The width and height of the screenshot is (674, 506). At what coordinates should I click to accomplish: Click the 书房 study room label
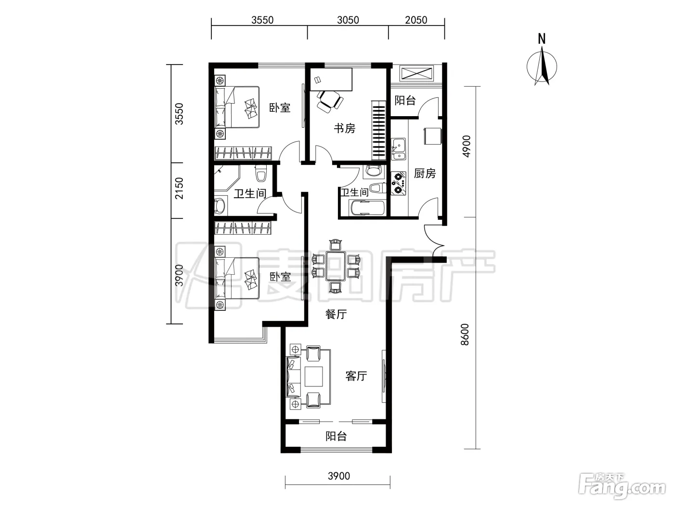pos(345,128)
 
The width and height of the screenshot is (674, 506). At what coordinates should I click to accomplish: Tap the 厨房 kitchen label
pos(425,173)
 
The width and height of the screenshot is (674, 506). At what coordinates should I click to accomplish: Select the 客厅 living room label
pos(356,376)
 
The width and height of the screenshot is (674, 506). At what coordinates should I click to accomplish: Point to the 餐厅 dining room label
pos(336,314)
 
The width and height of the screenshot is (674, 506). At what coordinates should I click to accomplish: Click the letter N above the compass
pos(542,40)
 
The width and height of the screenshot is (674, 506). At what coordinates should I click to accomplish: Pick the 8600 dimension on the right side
pos(465,334)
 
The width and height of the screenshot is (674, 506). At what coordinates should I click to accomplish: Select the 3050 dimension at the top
pos(348,20)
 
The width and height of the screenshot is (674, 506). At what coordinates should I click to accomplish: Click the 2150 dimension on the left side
pos(179,188)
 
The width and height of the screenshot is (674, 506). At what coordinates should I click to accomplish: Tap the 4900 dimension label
pos(466,146)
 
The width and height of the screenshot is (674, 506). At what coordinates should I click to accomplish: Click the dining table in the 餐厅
pos(336,266)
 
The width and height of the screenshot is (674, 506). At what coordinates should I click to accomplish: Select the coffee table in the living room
pos(313,376)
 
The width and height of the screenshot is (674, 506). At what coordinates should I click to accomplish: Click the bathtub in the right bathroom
pos(367,208)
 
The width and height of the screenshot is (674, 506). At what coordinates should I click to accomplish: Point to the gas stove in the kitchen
pos(399,183)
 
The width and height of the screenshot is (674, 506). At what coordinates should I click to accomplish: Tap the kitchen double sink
pos(399,149)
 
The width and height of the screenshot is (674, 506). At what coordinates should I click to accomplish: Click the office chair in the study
pos(330,100)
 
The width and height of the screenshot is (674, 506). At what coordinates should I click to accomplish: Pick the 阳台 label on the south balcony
pos(336,436)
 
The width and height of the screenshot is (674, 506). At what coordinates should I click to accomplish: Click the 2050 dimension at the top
pos(416,20)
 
